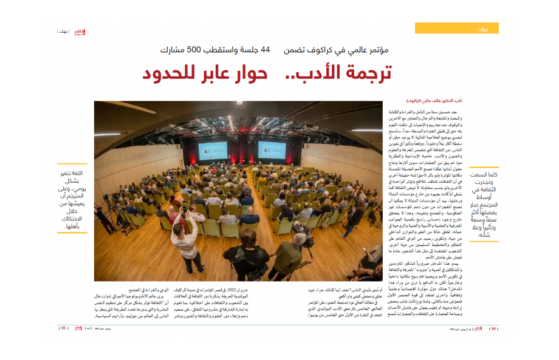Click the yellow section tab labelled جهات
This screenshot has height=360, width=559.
456,28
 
